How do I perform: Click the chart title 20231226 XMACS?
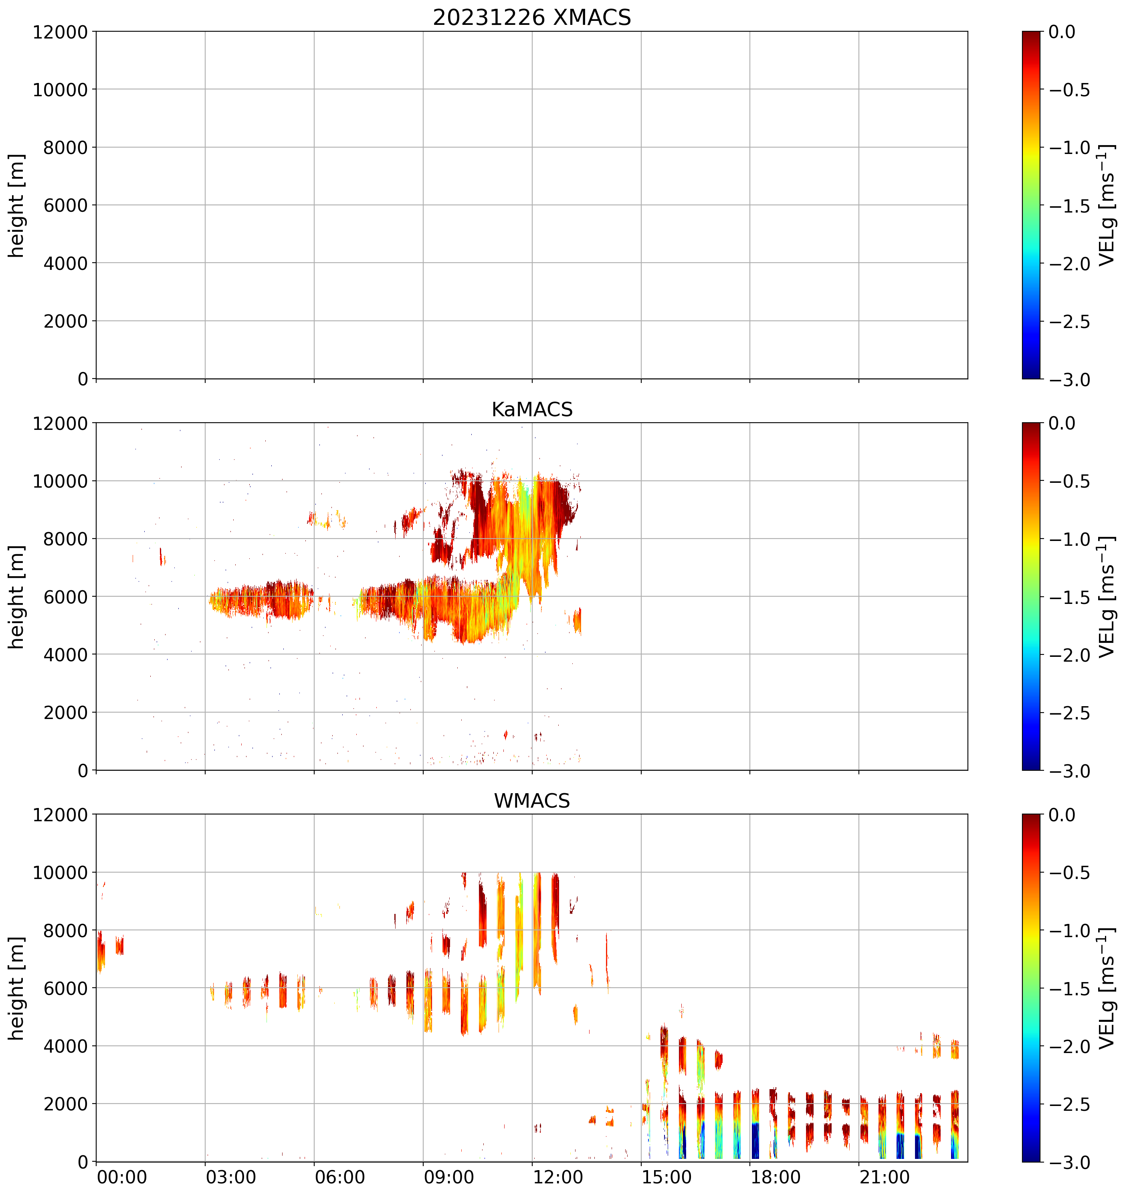pos(532,17)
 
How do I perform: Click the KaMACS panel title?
pos(532,409)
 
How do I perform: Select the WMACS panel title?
pos(532,801)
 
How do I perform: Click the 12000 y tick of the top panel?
pos(60,32)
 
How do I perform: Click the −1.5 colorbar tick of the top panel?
pos(1069,206)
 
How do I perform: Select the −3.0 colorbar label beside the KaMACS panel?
pos(1069,771)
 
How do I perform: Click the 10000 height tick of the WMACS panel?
pos(60,873)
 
